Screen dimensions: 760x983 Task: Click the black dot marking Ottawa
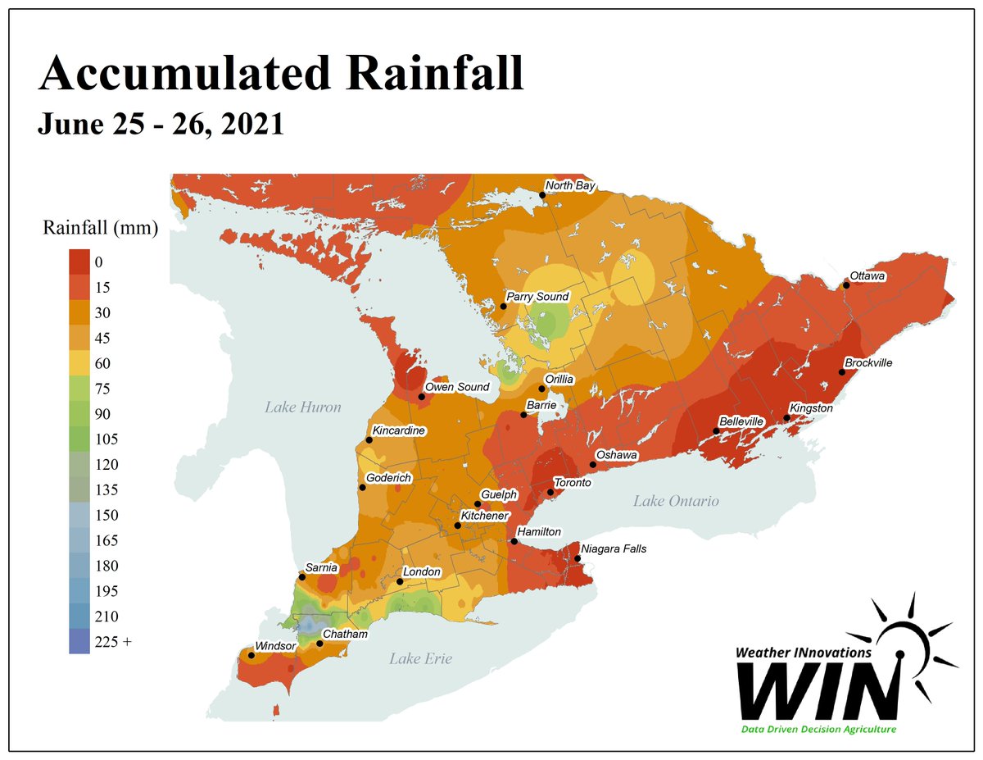[x=846, y=285]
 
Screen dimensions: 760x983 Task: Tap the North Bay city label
[x=570, y=185]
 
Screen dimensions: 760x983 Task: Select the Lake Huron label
[x=302, y=407]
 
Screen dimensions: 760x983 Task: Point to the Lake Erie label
[x=420, y=658]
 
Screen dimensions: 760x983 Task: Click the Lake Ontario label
[x=675, y=501]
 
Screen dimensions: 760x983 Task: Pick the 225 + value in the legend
[x=113, y=642]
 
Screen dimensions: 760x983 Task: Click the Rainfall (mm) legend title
[x=100, y=228]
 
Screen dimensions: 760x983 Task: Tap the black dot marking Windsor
[x=251, y=655]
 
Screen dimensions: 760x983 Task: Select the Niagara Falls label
[x=614, y=548]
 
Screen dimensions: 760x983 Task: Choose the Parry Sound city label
[x=537, y=297]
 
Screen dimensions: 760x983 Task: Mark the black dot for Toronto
[x=551, y=493]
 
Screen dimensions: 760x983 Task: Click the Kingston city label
[x=811, y=407]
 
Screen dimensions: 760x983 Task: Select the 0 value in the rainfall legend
[x=98, y=262]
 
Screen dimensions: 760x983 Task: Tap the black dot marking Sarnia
[x=302, y=577]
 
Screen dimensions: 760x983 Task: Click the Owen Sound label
[x=457, y=387]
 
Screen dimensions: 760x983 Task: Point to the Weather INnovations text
[x=803, y=652]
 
